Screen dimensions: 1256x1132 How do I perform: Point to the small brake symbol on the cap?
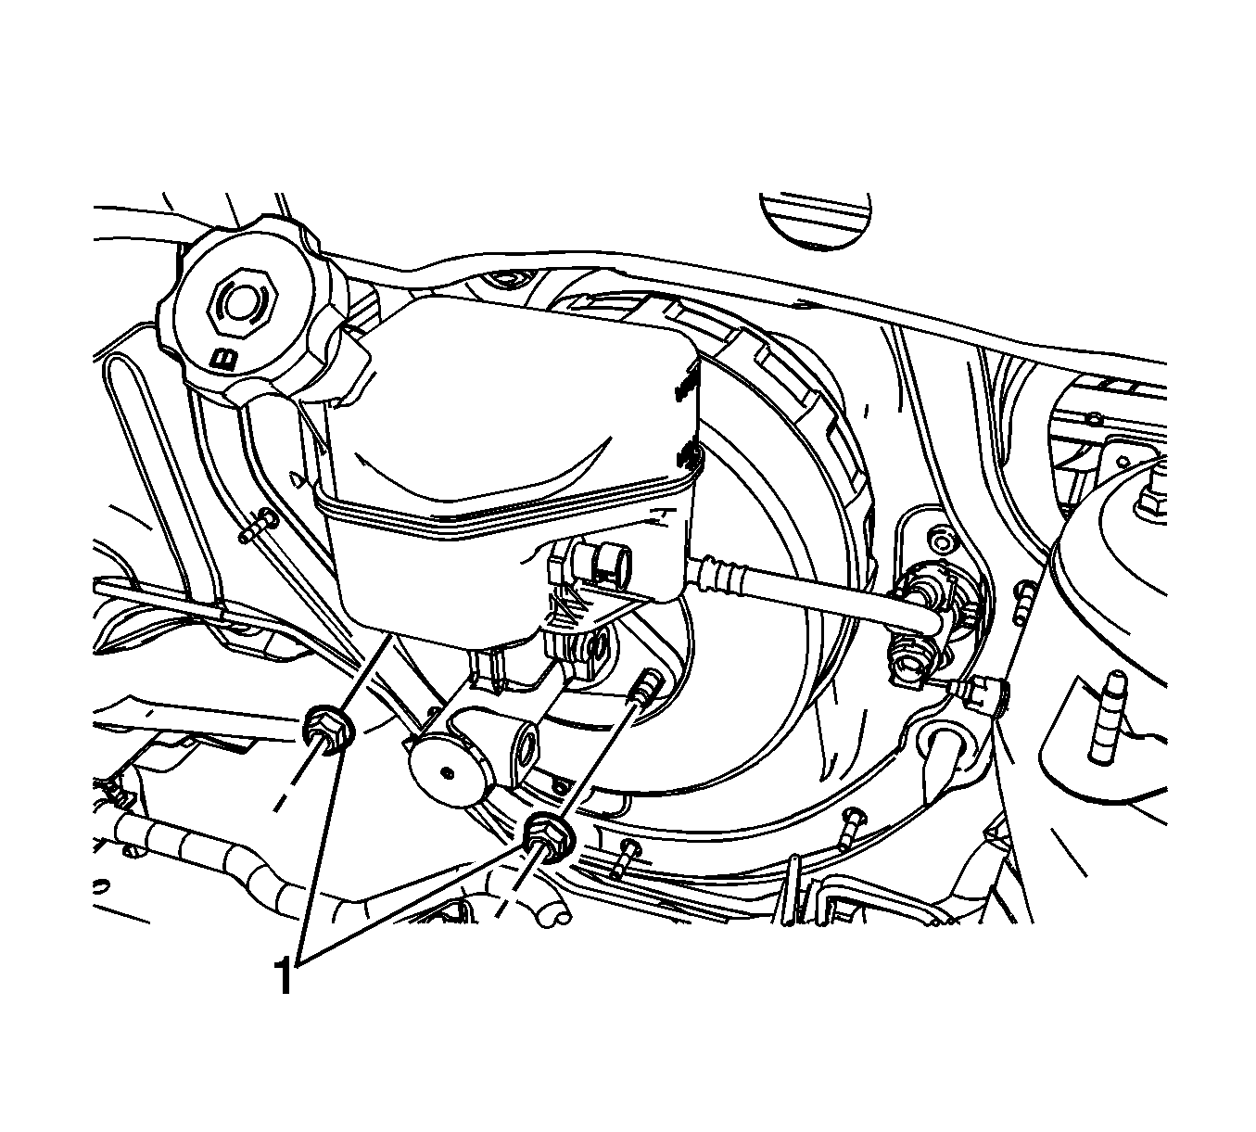pyautogui.click(x=223, y=360)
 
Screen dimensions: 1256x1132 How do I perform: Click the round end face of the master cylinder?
pyautogui.click(x=448, y=773)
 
